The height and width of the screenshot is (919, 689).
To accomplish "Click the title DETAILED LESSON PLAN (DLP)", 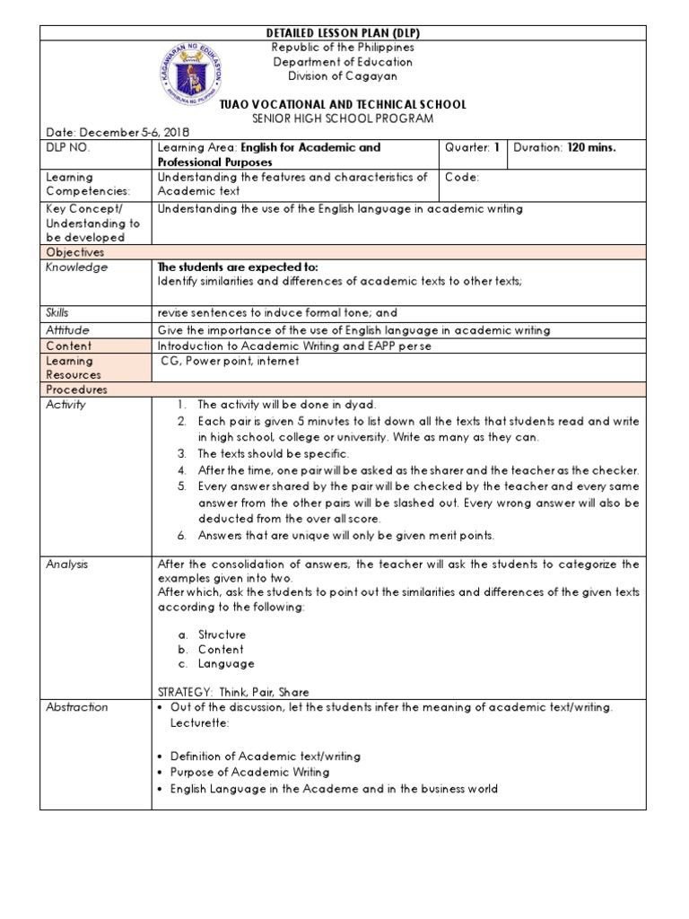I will click(344, 33).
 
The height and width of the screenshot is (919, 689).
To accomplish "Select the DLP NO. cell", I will click(68, 148).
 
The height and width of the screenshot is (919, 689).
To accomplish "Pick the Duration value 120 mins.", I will click(591, 148).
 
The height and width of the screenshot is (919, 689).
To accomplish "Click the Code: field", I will click(462, 178).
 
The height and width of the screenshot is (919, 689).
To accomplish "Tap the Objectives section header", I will click(75, 253).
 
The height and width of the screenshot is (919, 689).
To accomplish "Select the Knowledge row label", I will click(76, 267).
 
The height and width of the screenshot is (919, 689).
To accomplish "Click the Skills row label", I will click(57, 313).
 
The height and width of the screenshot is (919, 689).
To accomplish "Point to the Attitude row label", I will click(67, 330).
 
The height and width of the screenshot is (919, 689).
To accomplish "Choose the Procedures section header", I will click(76, 390).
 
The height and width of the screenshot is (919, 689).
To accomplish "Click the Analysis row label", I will click(67, 565).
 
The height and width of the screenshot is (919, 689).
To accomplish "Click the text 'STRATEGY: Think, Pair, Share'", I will click(233, 692).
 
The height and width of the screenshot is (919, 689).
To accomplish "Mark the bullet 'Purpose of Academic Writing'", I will click(249, 772).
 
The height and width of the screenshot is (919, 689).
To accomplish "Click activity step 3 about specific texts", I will click(273, 454).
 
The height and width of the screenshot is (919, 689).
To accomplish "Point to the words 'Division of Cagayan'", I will click(343, 76).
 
